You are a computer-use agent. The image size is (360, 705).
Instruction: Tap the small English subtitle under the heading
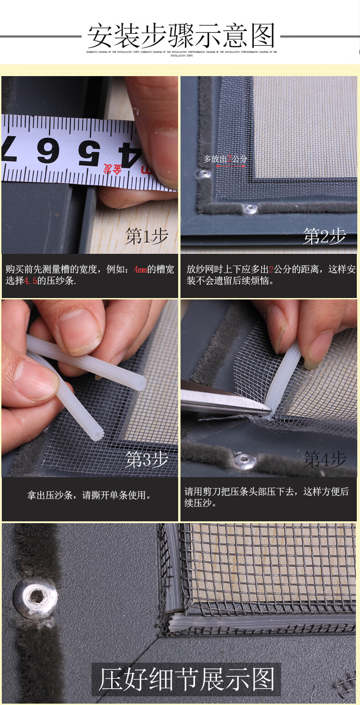coord(181,54)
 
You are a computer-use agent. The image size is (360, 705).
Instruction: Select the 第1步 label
coord(147,237)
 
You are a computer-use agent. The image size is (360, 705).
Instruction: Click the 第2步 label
coord(325,237)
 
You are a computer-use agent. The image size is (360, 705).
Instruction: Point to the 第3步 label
coord(147,460)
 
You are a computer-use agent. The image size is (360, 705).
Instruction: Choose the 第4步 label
coord(325,460)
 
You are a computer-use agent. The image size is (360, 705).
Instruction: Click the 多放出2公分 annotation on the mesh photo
coord(225,159)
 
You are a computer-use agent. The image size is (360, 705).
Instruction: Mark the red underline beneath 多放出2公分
coord(231,165)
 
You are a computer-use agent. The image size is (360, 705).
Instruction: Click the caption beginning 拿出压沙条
coord(89,495)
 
